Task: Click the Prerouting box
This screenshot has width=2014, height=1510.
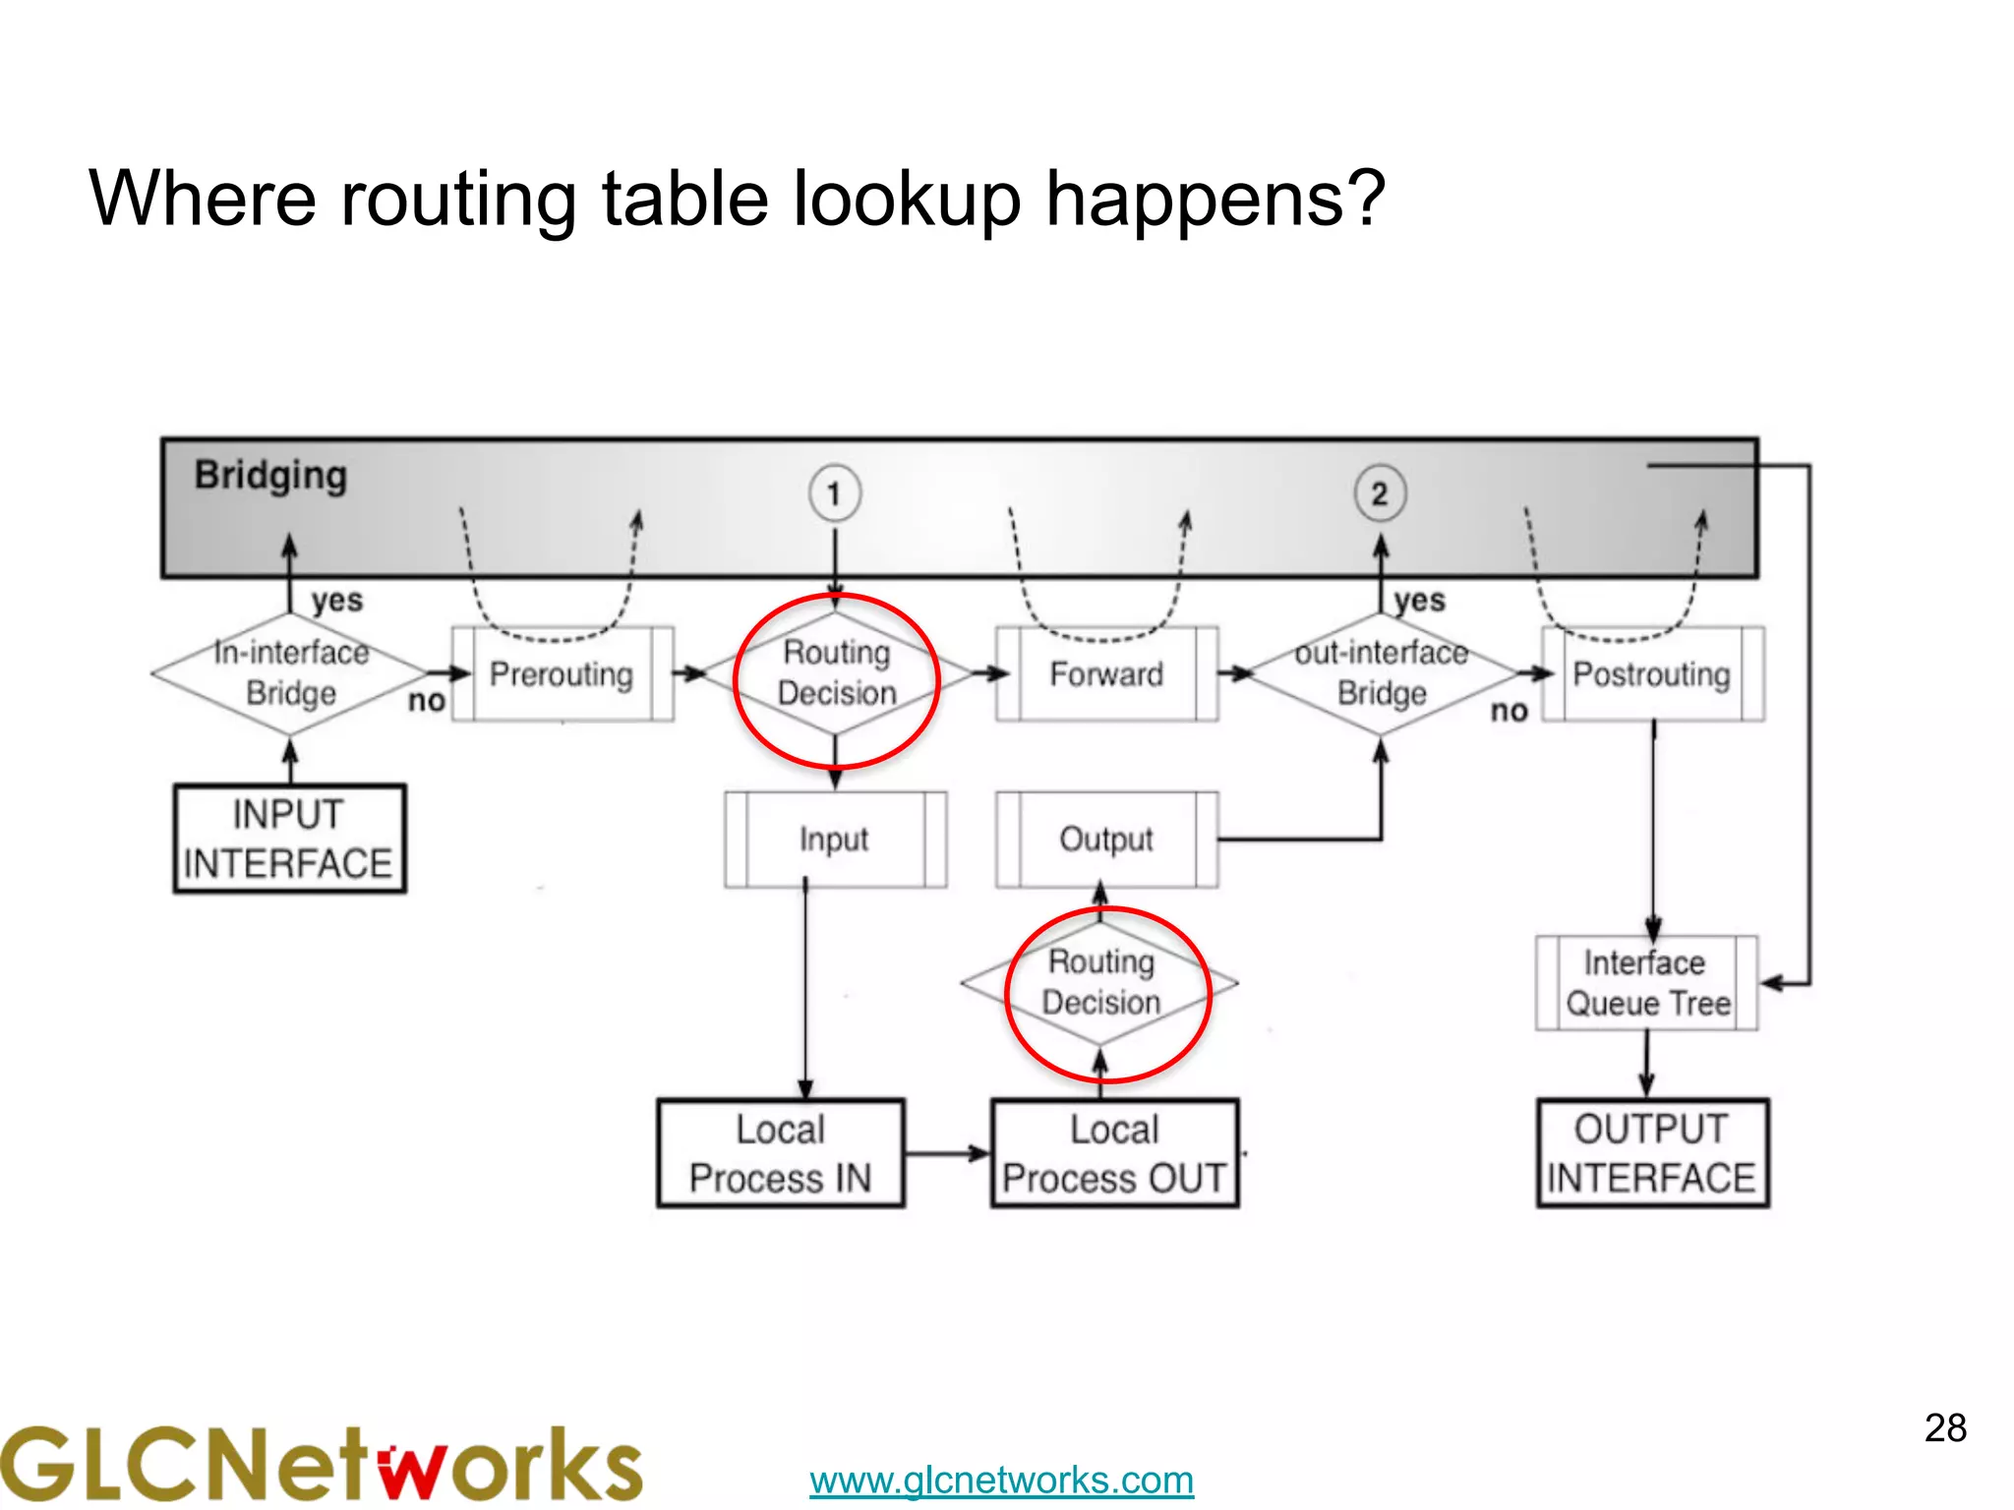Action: click(x=562, y=674)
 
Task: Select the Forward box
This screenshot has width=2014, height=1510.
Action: click(x=1106, y=674)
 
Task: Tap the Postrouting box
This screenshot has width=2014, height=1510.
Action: click(x=1652, y=674)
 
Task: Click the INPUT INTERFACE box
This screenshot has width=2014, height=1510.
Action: click(x=289, y=839)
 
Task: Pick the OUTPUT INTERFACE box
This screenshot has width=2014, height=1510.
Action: click(x=1652, y=1153)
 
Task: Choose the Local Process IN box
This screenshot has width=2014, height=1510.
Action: click(x=781, y=1153)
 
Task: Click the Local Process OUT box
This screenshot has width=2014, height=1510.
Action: click(x=1114, y=1153)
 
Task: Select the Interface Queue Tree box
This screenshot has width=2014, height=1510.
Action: click(x=1647, y=983)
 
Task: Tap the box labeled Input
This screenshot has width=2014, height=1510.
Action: click(x=835, y=840)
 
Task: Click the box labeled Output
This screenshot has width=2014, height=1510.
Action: click(x=1106, y=840)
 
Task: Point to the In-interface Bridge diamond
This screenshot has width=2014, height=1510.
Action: click(x=290, y=673)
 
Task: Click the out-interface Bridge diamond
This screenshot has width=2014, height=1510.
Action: click(x=1381, y=673)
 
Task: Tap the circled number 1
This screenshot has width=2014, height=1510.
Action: click(x=835, y=494)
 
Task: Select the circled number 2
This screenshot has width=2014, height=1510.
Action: click(x=1380, y=494)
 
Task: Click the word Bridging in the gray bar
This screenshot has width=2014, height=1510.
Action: click(x=270, y=475)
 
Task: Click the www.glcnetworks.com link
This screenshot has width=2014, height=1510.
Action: click(x=1001, y=1480)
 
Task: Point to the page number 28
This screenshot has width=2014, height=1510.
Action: click(x=1945, y=1428)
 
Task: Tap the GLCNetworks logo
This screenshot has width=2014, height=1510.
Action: click(x=321, y=1464)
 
